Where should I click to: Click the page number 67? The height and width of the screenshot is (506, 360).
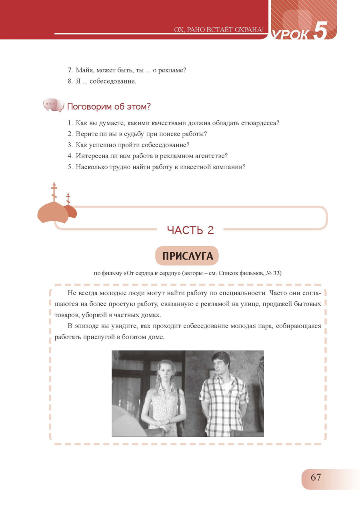316,478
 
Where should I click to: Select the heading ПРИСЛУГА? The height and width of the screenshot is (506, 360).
187,256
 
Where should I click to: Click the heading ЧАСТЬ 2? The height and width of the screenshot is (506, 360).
190,230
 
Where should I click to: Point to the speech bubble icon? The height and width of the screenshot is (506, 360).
53,106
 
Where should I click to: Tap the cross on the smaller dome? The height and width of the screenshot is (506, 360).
68,198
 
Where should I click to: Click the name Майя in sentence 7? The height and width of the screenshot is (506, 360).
85,70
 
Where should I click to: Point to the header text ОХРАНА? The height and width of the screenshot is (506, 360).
248,30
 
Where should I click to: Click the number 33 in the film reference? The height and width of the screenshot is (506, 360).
276,274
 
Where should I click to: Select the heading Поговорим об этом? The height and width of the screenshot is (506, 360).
109,107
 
